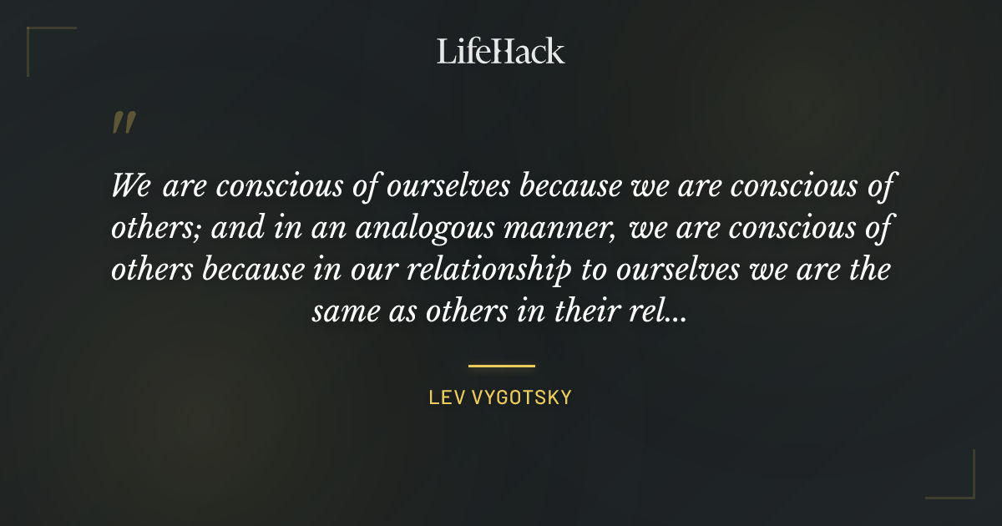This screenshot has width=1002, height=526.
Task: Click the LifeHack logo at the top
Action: pos(500,51)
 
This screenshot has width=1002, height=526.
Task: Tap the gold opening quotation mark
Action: pos(124,124)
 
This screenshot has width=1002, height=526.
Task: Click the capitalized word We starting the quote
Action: pos(130,185)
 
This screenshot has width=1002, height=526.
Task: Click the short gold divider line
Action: pos(501,366)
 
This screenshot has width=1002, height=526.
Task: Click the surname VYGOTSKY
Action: pos(522,397)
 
